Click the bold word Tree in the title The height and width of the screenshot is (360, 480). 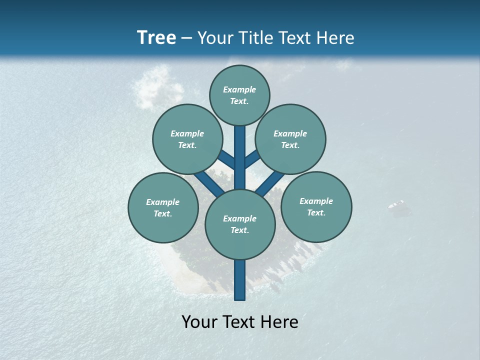coord(156,38)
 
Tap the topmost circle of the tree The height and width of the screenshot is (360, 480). coord(239,95)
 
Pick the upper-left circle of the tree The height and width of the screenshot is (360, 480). coord(187,139)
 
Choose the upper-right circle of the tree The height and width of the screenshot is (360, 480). coord(290,139)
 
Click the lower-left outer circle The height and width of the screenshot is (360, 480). coord(163,207)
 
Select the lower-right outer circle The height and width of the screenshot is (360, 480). coord(316,206)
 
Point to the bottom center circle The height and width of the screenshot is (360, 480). coord(240,224)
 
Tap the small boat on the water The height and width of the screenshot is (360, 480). coord(396,204)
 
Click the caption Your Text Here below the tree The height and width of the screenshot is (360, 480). coord(240,322)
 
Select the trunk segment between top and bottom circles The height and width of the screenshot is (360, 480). coord(240,157)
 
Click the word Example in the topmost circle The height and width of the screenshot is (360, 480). coord(239,89)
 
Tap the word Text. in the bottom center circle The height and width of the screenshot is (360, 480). coord(240,230)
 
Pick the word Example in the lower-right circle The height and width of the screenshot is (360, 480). coord(316,201)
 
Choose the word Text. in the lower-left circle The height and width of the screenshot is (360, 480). coord(163,213)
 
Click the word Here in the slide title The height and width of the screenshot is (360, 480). coord(337,38)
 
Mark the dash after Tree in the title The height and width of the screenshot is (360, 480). coord(187,38)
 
